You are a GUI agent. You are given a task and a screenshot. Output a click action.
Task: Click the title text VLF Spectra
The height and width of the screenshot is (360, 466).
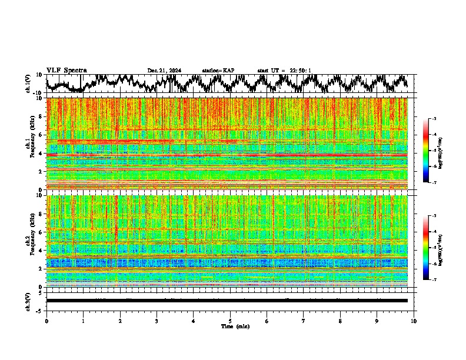pos(67,71)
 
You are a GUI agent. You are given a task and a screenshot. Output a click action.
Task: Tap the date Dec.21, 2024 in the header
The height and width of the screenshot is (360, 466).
pos(164,71)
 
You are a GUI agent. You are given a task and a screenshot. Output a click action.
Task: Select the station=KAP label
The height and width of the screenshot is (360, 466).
pos(218,71)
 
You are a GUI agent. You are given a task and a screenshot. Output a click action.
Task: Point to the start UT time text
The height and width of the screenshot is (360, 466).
pos(284,71)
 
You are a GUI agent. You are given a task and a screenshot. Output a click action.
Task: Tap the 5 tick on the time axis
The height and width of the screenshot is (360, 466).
pos(230,321)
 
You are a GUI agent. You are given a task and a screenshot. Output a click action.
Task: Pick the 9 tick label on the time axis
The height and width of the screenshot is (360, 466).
pos(377,321)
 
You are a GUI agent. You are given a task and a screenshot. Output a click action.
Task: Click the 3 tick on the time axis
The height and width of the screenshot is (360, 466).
pos(157,321)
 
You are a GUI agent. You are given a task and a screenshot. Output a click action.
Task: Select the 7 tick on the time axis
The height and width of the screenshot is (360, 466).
pos(304,321)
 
